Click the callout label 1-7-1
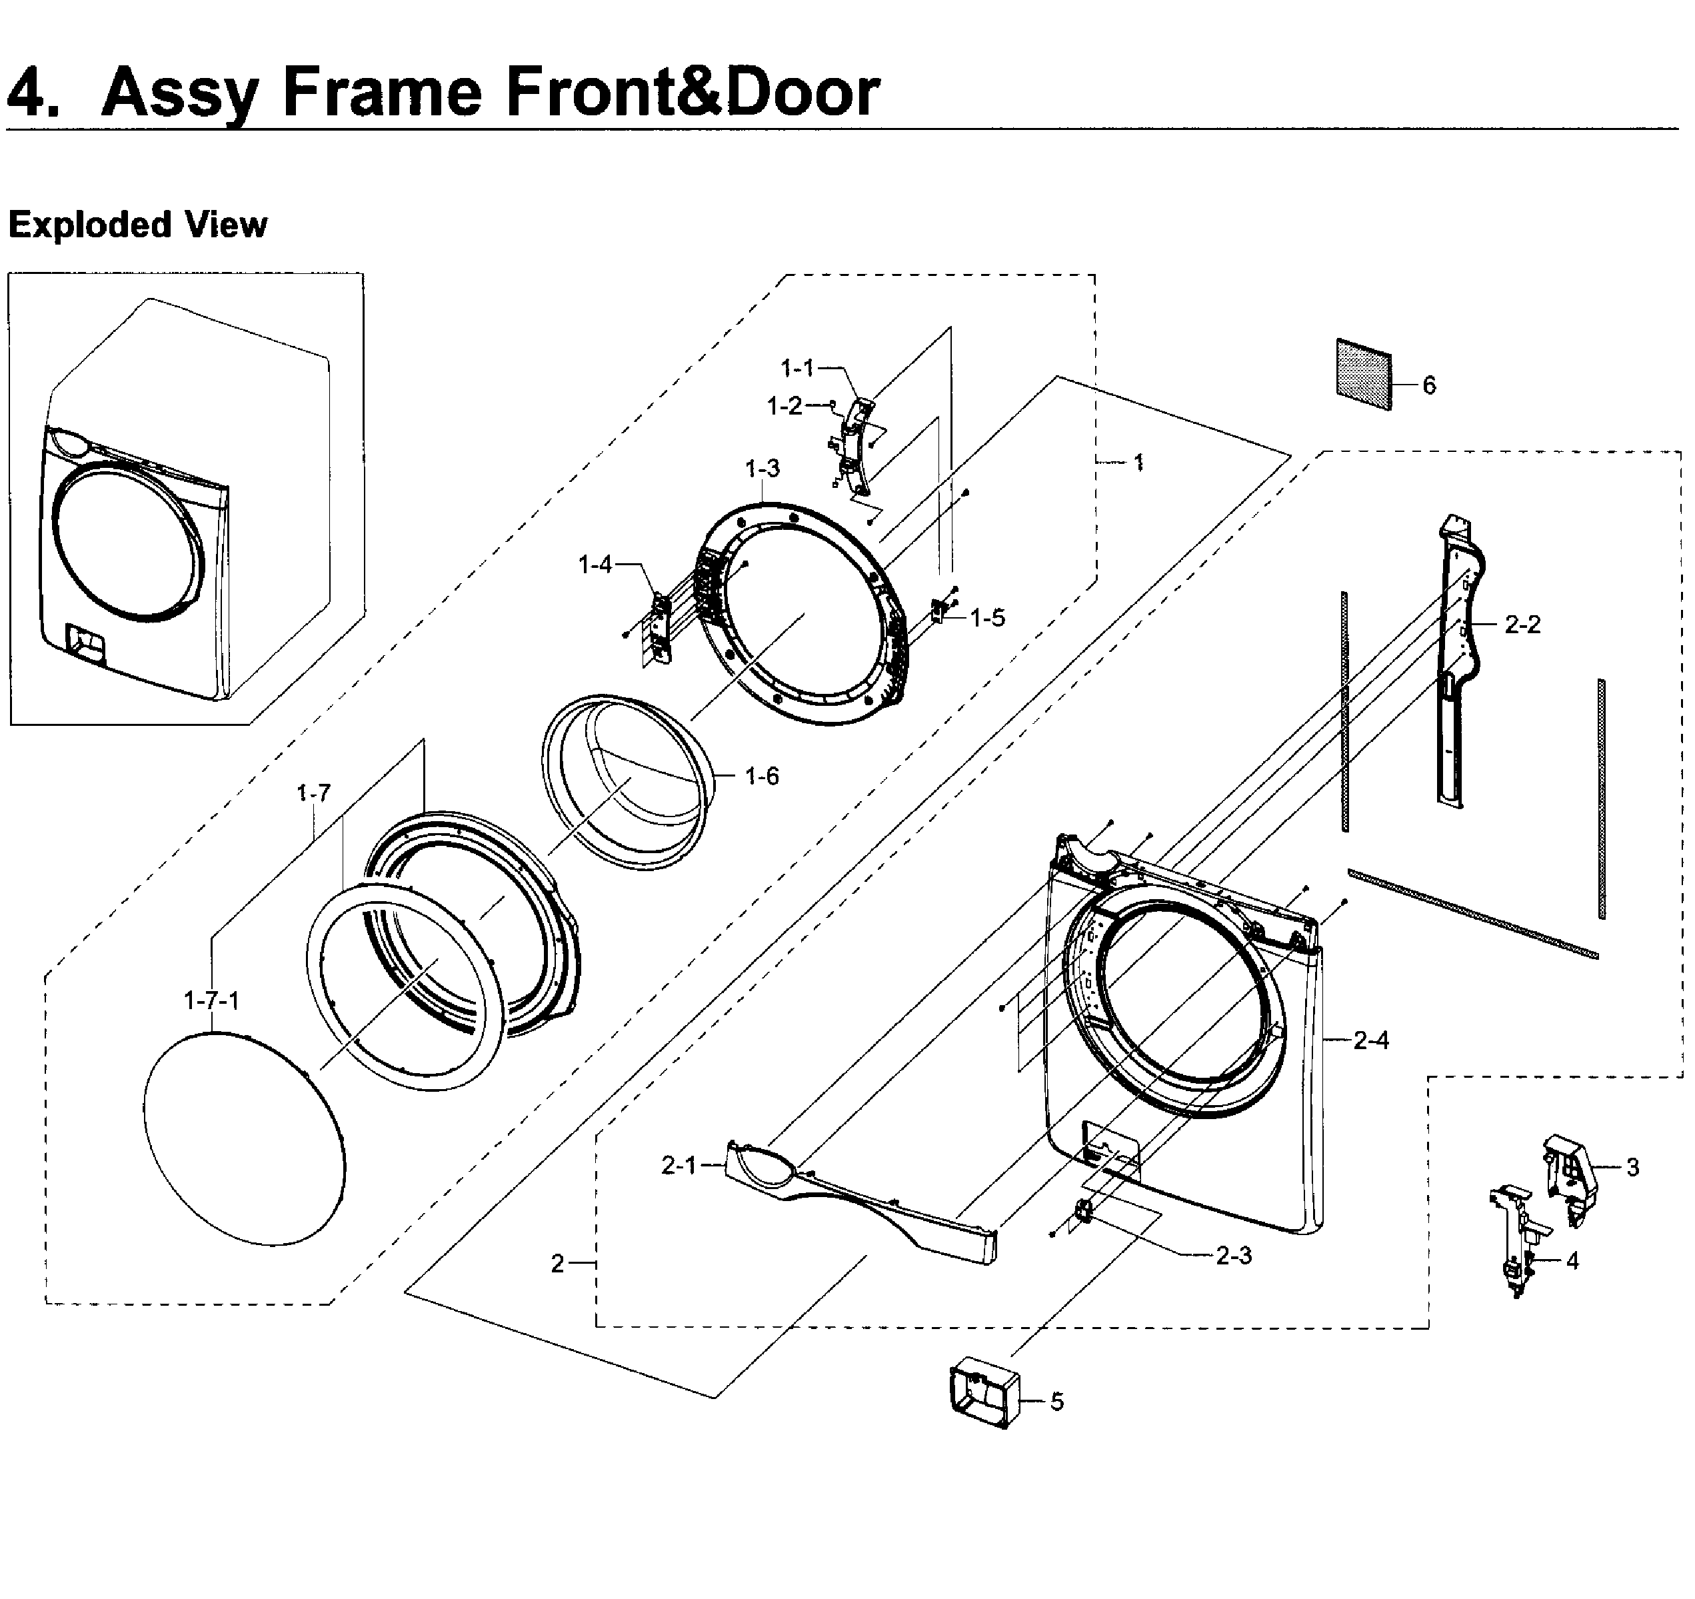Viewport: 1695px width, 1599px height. [211, 1000]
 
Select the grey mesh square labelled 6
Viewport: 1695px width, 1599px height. [1363, 375]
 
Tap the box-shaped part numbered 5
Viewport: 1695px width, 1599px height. [984, 1392]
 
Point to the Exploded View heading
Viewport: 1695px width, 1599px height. [137, 225]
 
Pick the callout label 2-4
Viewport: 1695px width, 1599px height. [1371, 1040]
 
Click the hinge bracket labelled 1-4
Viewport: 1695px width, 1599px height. [660, 627]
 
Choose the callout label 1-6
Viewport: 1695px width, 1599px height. [761, 776]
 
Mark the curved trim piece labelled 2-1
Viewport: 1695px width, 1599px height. [861, 1202]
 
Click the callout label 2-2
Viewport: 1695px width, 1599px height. [1522, 625]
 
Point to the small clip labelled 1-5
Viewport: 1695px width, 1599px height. [940, 611]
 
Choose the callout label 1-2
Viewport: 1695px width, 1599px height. [785, 406]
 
